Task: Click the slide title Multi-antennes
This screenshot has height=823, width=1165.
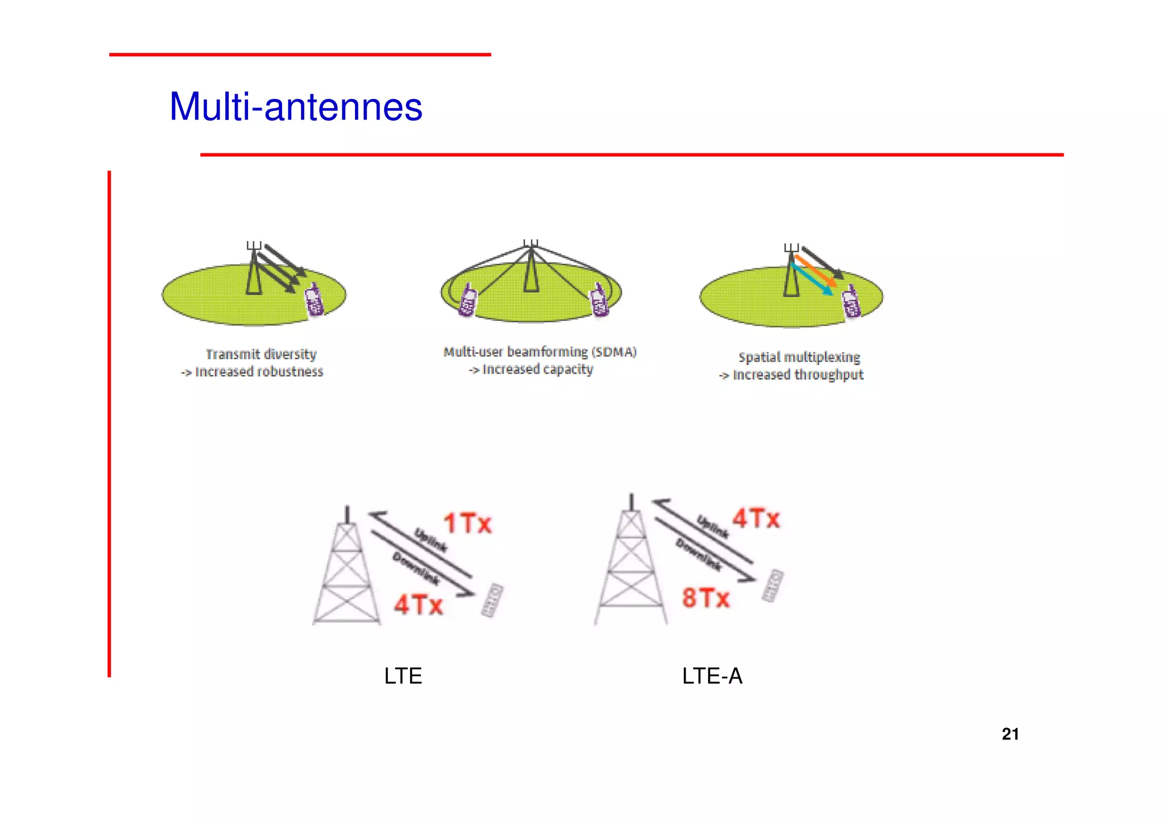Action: [x=296, y=107]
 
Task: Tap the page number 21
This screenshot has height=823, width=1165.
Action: [x=1010, y=734]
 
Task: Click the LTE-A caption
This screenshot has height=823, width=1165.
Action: [x=712, y=676]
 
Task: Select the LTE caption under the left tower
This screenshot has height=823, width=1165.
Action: [x=403, y=676]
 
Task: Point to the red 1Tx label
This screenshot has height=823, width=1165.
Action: [x=467, y=523]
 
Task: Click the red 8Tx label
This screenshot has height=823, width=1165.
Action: [x=705, y=598]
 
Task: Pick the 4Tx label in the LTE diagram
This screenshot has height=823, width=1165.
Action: [x=419, y=604]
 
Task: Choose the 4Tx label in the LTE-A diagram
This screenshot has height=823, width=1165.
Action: [x=756, y=518]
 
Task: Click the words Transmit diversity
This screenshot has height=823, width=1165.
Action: [x=261, y=354]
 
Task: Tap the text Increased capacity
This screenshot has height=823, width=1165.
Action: [x=537, y=370]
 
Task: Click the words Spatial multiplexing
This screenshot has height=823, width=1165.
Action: [x=799, y=357]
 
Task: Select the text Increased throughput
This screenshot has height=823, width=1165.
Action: [x=798, y=375]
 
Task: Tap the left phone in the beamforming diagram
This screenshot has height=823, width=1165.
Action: [x=468, y=300]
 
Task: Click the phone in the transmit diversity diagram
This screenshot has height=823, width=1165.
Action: [x=314, y=300]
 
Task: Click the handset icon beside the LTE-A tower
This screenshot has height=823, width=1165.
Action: [x=772, y=585]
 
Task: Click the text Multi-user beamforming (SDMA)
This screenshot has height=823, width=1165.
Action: [x=540, y=352]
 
